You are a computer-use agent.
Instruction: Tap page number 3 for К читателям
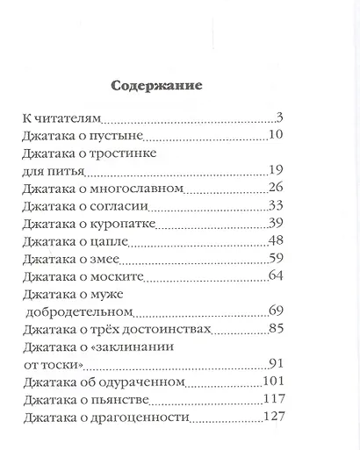point(277,118)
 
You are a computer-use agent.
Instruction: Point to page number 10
point(273,137)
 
